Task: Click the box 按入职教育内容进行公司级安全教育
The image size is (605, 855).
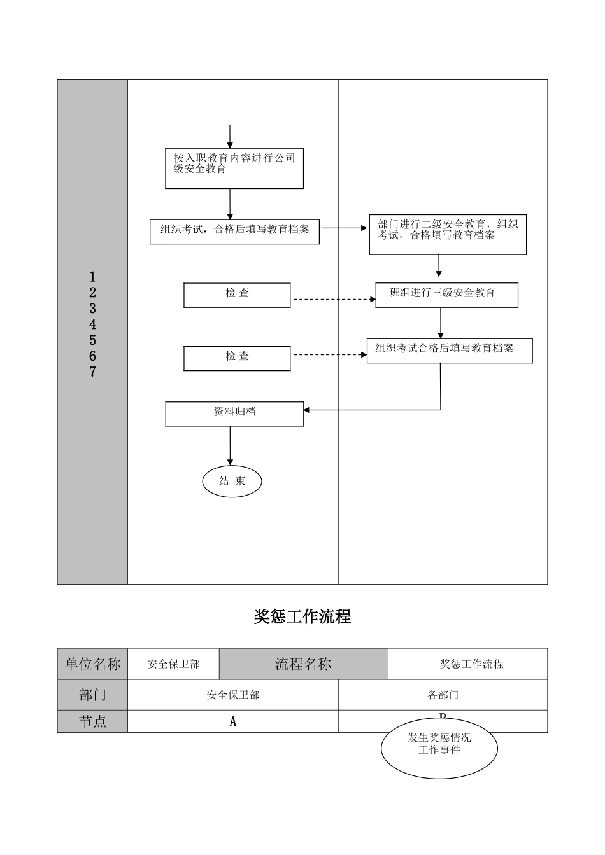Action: (x=234, y=169)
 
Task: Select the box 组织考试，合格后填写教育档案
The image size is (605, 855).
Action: (x=234, y=232)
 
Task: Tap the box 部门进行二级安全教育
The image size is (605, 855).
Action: (x=448, y=234)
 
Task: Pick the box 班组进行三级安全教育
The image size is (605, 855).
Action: (x=446, y=295)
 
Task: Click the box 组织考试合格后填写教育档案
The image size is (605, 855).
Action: (x=449, y=351)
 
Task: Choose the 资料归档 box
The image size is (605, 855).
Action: (x=234, y=414)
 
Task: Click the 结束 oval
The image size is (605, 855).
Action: (x=232, y=482)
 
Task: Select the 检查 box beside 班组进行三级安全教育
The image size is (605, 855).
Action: (x=237, y=295)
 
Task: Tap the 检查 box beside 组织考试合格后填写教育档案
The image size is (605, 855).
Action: (x=237, y=358)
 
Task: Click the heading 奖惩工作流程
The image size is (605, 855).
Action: (x=302, y=616)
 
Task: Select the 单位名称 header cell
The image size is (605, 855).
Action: (x=92, y=664)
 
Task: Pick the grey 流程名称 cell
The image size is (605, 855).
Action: (x=302, y=664)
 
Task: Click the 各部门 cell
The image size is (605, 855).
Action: (x=443, y=695)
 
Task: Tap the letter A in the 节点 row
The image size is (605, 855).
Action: (x=233, y=722)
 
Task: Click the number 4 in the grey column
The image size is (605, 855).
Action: (x=92, y=324)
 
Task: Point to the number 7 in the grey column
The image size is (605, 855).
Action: (x=92, y=372)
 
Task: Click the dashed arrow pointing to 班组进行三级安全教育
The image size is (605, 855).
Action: (x=332, y=299)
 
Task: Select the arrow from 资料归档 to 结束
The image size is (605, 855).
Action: (x=230, y=445)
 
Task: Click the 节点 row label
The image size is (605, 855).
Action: (x=92, y=721)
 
